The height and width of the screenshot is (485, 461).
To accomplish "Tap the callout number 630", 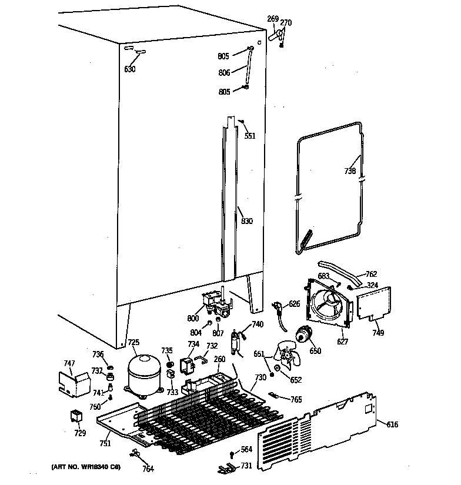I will pyautogui.click(x=129, y=69).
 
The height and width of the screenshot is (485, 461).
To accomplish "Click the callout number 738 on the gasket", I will pyautogui.click(x=350, y=172).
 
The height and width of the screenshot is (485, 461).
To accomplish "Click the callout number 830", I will pyautogui.click(x=247, y=222).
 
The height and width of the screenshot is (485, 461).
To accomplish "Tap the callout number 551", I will pyautogui.click(x=250, y=135).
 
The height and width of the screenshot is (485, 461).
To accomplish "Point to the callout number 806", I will pyautogui.click(x=223, y=72).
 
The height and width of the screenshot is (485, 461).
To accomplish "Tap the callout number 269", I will pyautogui.click(x=273, y=19).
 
